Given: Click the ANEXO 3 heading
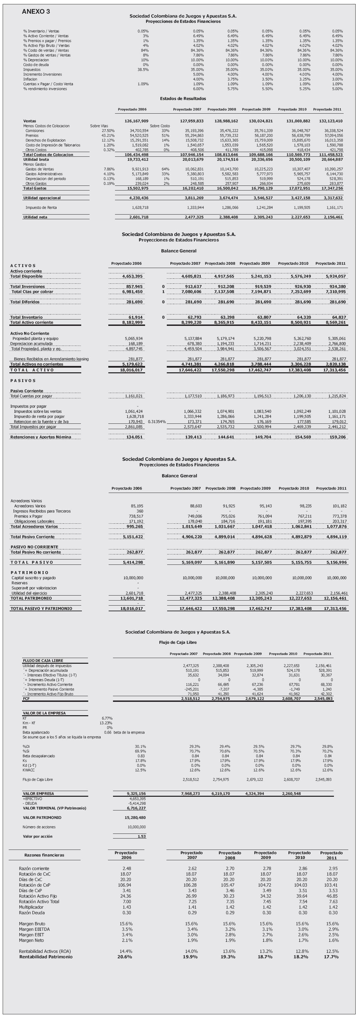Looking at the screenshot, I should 36,12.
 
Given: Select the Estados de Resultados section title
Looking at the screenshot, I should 183,98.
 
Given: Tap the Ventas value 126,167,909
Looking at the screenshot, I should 136,121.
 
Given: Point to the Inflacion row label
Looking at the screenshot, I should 30,79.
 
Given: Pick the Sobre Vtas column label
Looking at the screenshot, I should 99,126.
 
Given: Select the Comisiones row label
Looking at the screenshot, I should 35,130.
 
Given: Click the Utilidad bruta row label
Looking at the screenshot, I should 36,159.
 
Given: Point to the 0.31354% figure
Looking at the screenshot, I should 156,422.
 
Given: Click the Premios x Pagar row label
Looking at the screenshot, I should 28,516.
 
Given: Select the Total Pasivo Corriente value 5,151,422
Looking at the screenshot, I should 133,537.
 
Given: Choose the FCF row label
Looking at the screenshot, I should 26,699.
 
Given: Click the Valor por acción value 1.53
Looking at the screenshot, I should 141,836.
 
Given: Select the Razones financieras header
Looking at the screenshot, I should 44,855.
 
